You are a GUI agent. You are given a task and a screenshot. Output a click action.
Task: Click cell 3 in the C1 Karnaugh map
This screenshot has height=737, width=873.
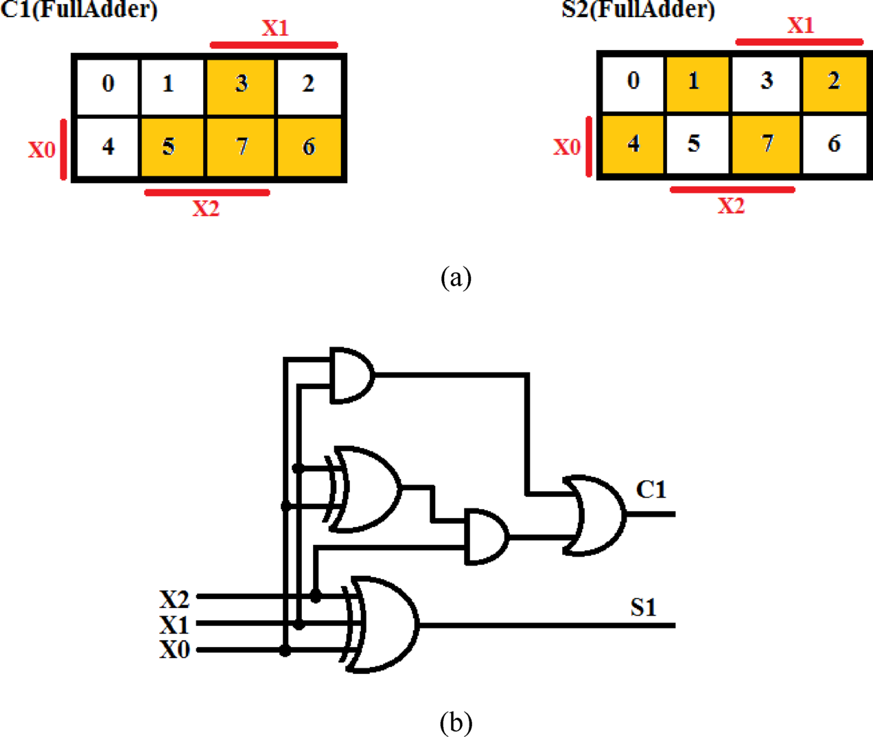pos(241,84)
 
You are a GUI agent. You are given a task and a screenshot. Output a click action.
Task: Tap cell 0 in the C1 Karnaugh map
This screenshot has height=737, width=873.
pos(108,84)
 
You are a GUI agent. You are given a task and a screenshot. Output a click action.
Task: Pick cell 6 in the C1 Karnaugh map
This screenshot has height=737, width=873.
pos(309,147)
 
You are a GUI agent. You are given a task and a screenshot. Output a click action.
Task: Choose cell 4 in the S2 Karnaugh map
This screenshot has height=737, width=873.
pos(633,144)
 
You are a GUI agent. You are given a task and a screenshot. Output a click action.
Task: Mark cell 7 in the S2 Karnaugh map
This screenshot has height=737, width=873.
pos(766,144)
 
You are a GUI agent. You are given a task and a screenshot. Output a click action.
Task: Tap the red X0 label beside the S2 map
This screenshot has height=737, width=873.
pos(567,147)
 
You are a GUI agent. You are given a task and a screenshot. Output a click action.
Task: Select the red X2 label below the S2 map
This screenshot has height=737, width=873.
pos(731,206)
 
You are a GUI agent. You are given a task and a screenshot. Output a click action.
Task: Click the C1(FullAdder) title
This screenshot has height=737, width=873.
pos(79,10)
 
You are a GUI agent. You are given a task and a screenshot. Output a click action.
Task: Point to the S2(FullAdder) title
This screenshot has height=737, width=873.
pos(638,10)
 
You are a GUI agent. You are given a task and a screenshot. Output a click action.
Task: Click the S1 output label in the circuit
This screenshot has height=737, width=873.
pos(643,608)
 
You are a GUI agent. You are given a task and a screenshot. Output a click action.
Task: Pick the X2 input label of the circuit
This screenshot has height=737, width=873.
pos(174,599)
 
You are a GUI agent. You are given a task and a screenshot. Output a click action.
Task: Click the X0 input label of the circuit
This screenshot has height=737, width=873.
pos(174,649)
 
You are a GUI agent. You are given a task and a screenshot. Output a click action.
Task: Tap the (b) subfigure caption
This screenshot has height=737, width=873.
pos(456,722)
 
